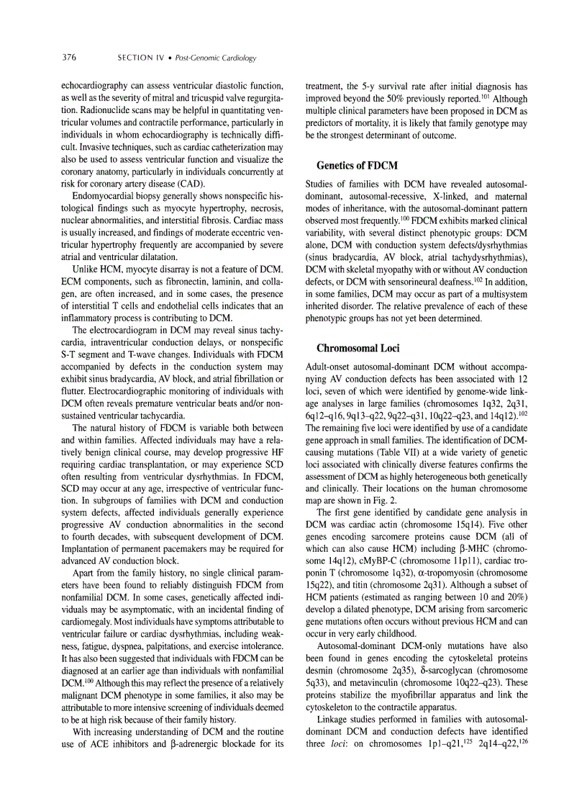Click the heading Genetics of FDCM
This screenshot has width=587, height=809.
click(357, 166)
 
